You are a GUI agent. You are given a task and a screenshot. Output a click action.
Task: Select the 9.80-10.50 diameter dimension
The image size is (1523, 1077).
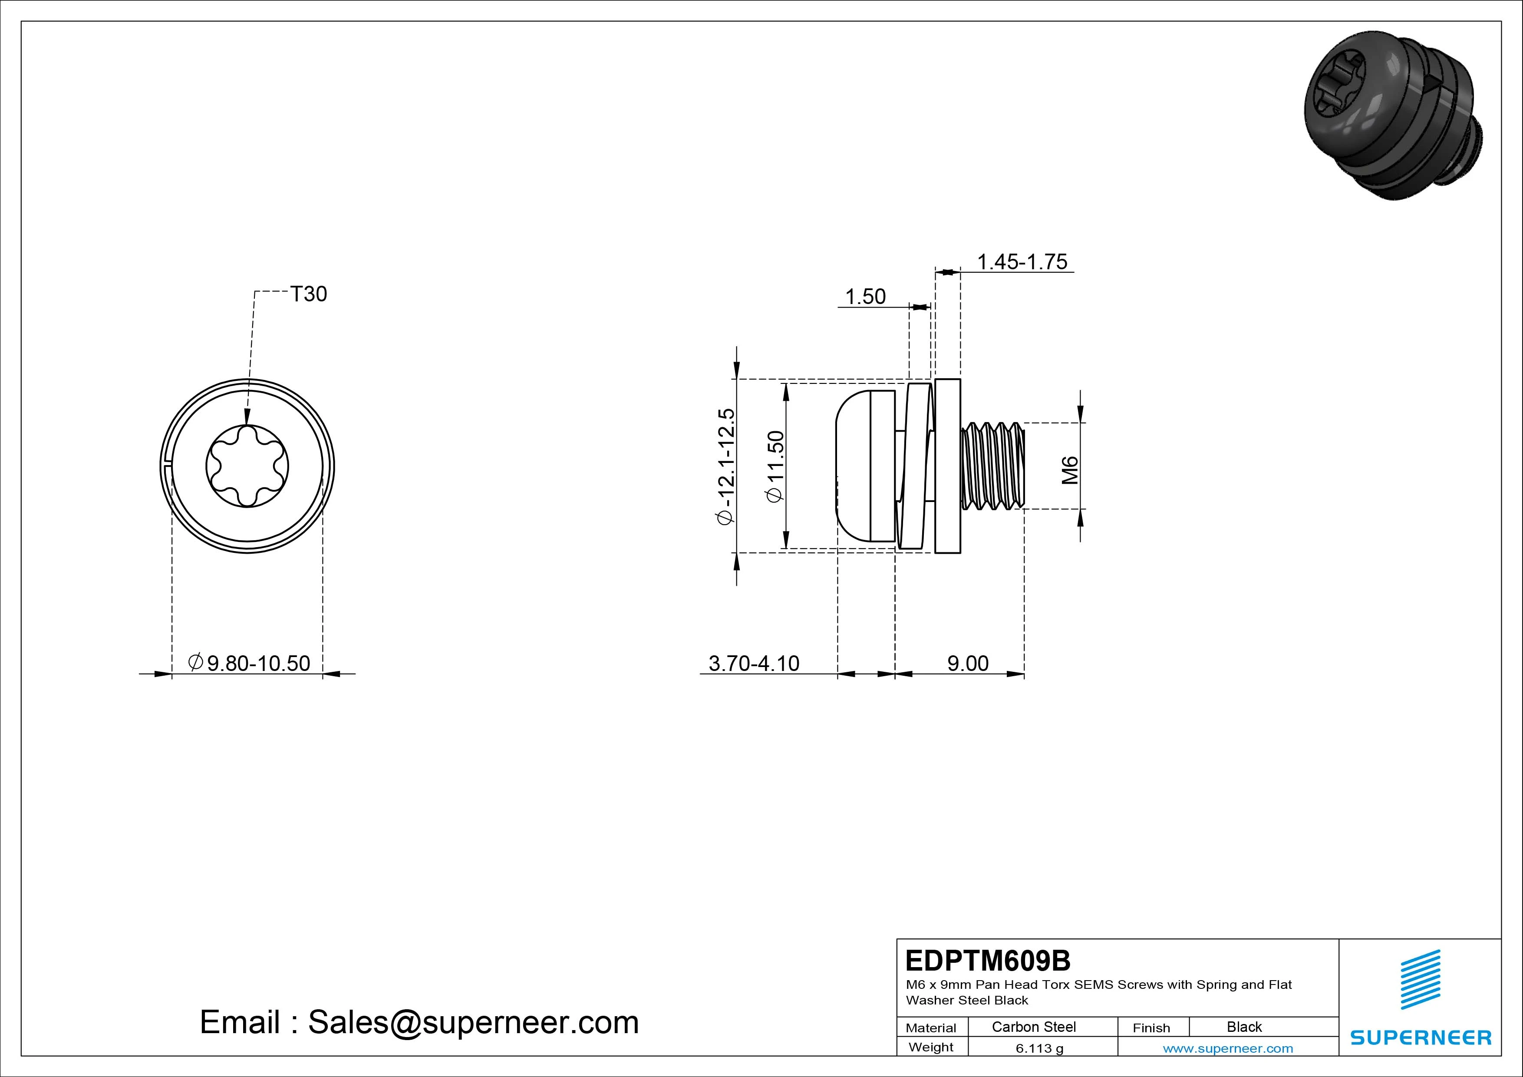pos(249,663)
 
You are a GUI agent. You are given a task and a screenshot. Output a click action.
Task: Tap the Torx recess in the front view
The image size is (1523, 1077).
pos(247,466)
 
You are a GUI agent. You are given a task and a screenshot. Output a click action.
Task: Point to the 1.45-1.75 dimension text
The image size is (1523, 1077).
pos(1022,262)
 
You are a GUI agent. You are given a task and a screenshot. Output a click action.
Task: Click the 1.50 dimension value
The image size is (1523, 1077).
pos(866,297)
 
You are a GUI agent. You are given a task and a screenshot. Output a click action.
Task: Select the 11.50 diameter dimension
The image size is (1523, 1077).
pos(775,466)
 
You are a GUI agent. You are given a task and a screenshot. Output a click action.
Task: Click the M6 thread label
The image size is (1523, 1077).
pos(1070,470)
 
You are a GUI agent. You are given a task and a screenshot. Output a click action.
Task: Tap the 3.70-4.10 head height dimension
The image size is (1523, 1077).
pos(754,663)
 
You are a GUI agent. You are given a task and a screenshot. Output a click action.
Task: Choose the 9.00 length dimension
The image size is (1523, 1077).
pos(968,663)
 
